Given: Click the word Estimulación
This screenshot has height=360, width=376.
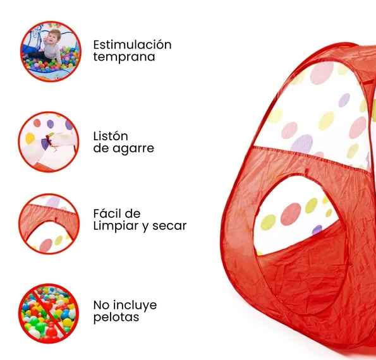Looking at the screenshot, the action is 132,45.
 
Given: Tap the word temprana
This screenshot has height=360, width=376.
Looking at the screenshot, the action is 124,57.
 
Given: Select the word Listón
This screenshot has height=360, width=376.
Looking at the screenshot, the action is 111,136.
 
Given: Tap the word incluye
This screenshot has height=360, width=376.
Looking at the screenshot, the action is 135,305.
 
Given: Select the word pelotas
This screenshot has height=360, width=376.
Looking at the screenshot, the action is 116,317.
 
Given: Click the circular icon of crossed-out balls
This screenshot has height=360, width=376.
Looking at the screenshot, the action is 49,314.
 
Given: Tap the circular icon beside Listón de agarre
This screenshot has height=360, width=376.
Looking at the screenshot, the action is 49,142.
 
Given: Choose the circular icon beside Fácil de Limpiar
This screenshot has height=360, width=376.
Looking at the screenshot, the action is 49,224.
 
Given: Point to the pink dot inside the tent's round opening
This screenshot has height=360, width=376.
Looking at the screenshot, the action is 291,214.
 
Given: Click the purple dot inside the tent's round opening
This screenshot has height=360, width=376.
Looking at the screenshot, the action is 317,230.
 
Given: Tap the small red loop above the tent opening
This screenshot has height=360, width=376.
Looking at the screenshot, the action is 306,172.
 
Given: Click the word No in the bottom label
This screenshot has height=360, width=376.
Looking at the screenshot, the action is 101,305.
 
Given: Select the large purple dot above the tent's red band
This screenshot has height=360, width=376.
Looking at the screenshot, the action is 302,144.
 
